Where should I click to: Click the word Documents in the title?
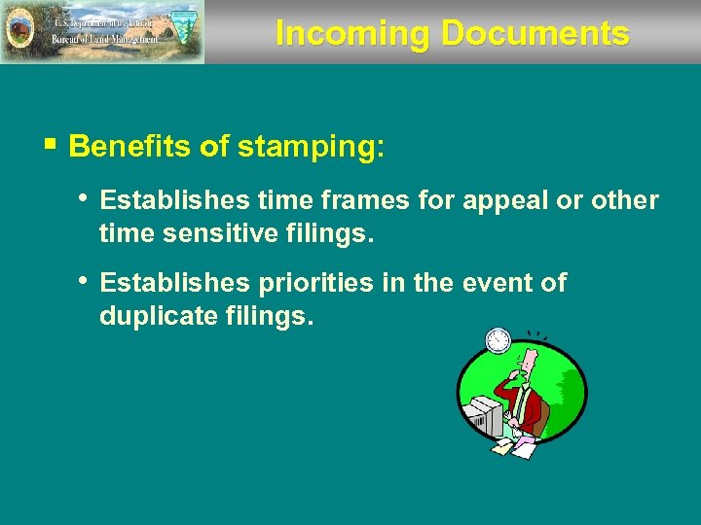(x=535, y=33)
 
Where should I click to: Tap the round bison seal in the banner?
(x=18, y=32)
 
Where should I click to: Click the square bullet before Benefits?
(x=51, y=147)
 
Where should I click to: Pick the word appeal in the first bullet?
(x=505, y=200)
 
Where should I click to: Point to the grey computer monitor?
(x=483, y=417)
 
